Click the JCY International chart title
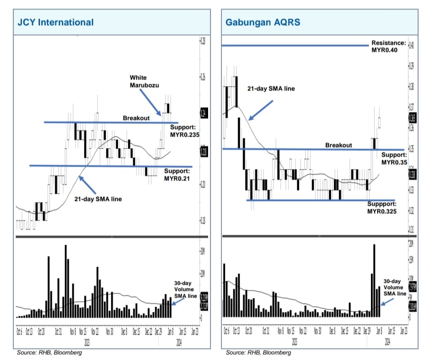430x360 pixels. point(55,22)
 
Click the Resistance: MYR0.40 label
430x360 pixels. point(388,46)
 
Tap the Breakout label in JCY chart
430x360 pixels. point(136,118)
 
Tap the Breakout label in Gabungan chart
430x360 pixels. point(339,145)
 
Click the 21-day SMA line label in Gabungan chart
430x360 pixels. point(271,89)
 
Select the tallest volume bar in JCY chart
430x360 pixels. point(65,281)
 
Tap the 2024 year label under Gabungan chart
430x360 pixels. point(387,341)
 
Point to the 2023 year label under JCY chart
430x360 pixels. point(87,341)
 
